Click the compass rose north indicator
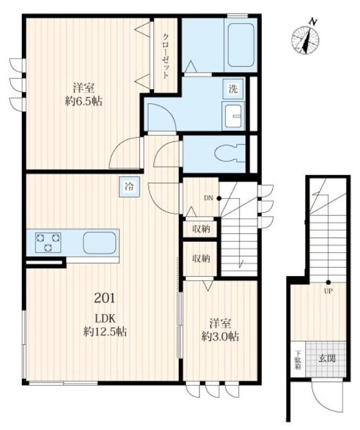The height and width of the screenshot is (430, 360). tap(305, 38)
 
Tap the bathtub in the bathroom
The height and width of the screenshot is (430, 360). tap(241, 45)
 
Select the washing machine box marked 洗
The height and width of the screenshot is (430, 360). tap(233, 89)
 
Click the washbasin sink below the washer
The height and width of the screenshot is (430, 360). tap(234, 116)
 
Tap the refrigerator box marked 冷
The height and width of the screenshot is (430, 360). tap(129, 187)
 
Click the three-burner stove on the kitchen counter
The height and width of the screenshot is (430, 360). tap(48, 242)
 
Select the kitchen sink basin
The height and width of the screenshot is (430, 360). tap(99, 243)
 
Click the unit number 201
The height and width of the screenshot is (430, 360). tap(104, 298)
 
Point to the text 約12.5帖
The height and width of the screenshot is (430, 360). tap(105, 332)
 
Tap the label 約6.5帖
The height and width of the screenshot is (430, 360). tap(84, 102)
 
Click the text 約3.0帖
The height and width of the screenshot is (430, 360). tap(220, 336)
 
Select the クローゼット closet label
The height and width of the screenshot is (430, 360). tap(165, 56)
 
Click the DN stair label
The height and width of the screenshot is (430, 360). tap(208, 198)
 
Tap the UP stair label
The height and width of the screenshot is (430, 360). tap(328, 291)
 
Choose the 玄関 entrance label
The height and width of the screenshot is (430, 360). tap(327, 358)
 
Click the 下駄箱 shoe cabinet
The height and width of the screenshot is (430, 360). tap(298, 360)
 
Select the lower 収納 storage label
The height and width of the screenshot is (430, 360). tap(201, 259)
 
